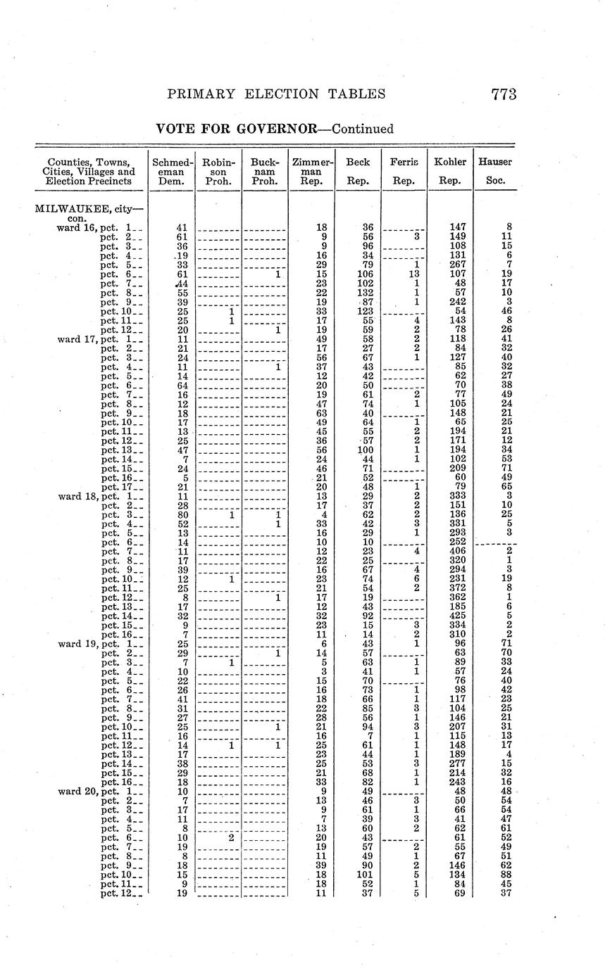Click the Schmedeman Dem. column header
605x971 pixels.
172,171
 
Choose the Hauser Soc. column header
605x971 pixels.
495,171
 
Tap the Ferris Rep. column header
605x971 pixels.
404,171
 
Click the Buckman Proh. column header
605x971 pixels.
265,171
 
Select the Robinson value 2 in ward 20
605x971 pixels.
230,838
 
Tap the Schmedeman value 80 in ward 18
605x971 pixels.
182,515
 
